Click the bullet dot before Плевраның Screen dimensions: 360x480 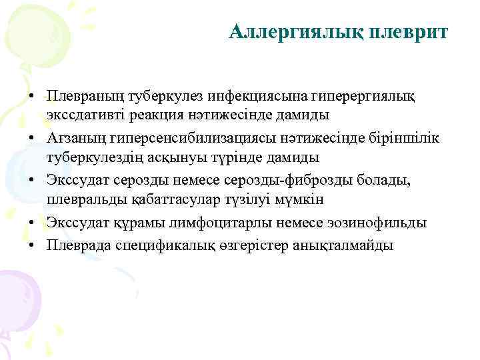(x=31, y=97)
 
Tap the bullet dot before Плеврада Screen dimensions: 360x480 (x=31, y=245)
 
